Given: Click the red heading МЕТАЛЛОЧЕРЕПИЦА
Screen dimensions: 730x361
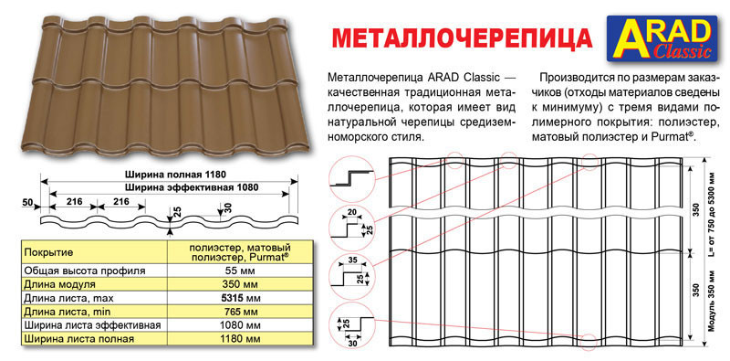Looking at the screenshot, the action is click(x=459, y=37).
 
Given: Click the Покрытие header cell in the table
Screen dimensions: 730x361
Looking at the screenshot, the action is click(x=50, y=250).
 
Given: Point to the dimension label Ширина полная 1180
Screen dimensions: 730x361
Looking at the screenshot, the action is click(x=175, y=174).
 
